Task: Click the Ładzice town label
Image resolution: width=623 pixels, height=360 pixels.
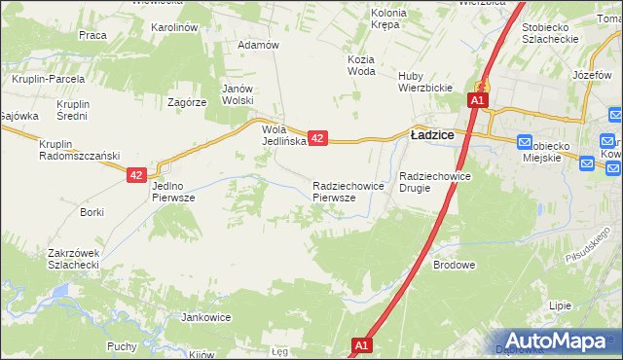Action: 433,136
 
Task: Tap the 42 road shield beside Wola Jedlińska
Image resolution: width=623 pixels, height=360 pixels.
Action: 317,139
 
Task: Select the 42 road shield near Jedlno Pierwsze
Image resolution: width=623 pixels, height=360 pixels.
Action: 136,175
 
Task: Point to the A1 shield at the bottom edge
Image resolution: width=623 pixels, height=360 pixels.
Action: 362,345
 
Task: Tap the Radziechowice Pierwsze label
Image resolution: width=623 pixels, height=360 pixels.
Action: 340,191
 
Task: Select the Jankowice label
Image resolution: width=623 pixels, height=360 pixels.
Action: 205,317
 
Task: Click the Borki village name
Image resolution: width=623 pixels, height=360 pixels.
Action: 92,212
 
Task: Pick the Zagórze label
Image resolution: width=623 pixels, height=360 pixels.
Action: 186,101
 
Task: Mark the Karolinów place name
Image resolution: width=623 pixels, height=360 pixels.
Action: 175,27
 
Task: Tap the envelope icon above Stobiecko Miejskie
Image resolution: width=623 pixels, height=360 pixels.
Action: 525,140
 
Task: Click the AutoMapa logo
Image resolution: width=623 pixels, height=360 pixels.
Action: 558,341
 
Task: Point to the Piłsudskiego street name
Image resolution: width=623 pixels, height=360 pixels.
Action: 593,244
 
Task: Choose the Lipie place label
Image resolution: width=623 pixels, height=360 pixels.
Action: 560,306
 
